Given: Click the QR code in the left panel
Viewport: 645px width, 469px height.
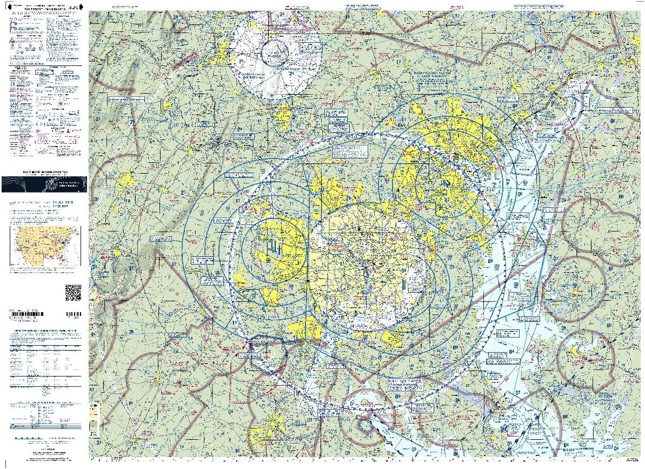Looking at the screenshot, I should pos(73,292).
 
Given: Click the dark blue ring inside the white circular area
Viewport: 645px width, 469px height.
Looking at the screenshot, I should pos(276,55).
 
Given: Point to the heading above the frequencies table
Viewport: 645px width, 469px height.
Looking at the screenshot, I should pos(44,329).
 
